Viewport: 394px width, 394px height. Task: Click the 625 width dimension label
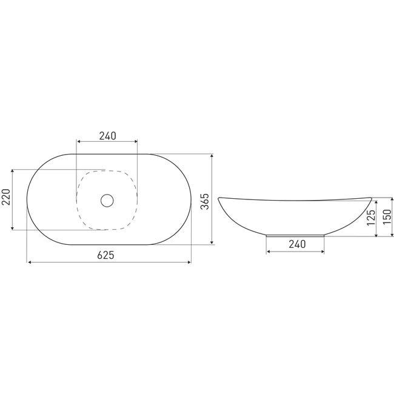point(106,255)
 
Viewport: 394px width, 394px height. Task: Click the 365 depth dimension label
point(205,201)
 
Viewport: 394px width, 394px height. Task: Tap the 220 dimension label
point(6,197)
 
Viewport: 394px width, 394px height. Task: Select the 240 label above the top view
point(107,136)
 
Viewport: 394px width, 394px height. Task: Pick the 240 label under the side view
point(297,244)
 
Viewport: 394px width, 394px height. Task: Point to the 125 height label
point(371,218)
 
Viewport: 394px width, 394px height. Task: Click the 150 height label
point(387,217)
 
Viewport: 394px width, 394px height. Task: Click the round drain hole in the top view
point(107,200)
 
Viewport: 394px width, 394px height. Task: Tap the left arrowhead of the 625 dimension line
point(30,262)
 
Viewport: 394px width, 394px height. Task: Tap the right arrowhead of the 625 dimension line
point(189,262)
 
